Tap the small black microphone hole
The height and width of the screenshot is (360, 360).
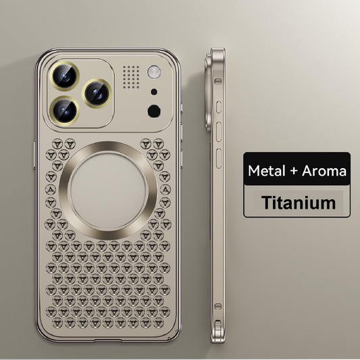point(154,91)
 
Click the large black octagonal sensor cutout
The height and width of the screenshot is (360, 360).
point(154,111)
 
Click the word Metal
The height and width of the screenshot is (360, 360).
point(267,171)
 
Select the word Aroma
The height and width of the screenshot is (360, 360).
point(322,171)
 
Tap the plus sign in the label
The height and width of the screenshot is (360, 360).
point(292,171)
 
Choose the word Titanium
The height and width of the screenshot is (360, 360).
point(299,201)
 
